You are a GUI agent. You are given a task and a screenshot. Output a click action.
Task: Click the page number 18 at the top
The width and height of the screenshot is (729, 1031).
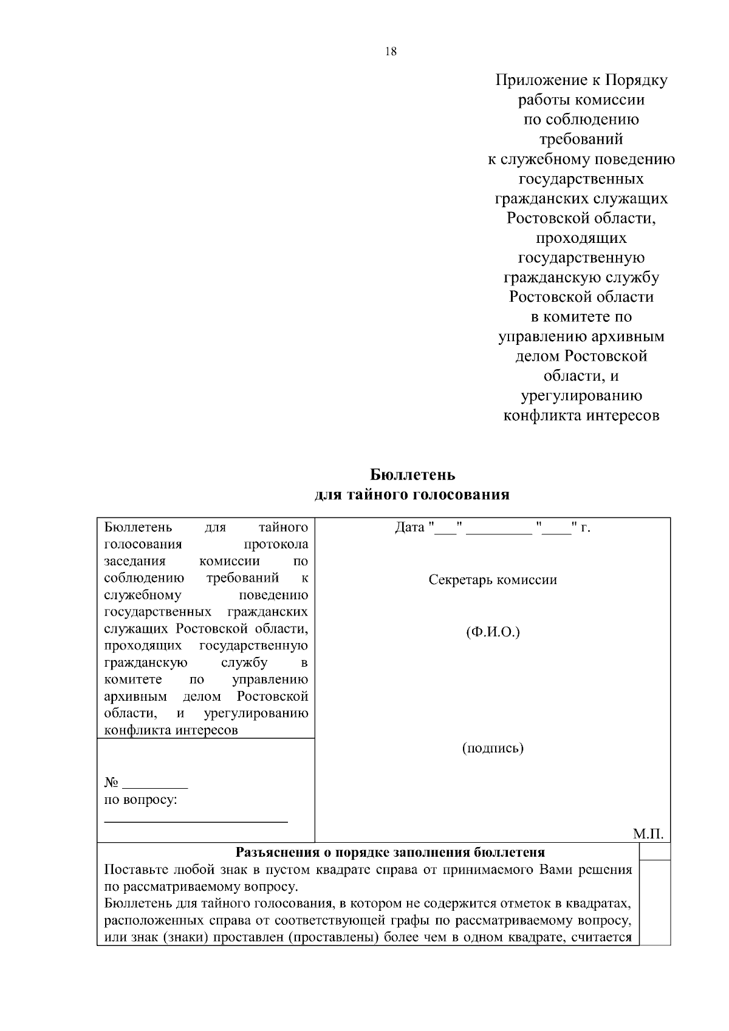(x=391, y=52)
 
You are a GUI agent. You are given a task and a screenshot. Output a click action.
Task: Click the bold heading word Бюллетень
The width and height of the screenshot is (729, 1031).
(x=412, y=474)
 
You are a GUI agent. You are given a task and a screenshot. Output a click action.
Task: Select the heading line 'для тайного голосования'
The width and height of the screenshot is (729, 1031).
(x=412, y=494)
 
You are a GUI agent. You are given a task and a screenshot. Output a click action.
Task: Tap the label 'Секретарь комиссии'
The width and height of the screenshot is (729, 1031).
(x=493, y=580)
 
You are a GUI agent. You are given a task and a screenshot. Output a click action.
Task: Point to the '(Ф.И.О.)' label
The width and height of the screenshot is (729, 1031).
(x=493, y=633)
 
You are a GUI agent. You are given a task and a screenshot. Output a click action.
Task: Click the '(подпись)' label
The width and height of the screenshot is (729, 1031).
(x=493, y=747)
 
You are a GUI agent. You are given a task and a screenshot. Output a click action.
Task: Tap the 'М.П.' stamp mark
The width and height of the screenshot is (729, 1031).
(x=648, y=834)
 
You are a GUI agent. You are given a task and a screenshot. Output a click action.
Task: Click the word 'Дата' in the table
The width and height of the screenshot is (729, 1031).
(x=409, y=528)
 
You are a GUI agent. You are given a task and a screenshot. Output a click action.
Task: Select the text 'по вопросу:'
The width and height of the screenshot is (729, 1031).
(x=141, y=800)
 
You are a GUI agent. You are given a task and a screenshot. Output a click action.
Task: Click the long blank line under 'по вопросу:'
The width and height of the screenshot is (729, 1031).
(x=196, y=822)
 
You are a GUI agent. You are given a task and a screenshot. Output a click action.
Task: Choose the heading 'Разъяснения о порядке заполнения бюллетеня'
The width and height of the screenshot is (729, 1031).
(x=390, y=852)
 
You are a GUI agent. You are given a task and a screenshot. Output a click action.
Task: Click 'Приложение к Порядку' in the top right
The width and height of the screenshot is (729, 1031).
(x=581, y=80)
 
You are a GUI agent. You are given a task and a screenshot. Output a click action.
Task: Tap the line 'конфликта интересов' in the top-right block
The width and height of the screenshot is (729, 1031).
(x=581, y=416)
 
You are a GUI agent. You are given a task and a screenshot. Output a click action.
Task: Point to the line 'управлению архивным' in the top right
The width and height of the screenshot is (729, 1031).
(x=581, y=336)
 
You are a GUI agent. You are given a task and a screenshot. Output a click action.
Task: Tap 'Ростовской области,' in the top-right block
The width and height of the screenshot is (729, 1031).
(x=581, y=218)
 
